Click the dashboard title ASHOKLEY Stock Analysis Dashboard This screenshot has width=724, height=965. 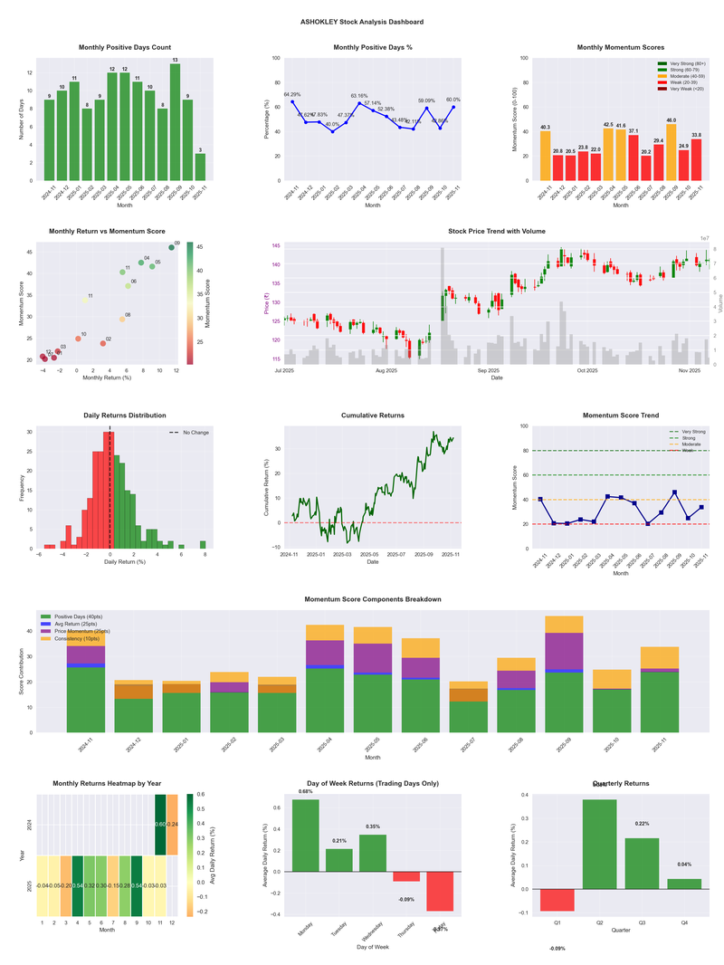[x=362, y=22]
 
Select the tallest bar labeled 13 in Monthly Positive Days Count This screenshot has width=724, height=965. [x=175, y=121]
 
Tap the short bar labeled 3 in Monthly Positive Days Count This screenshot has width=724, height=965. [x=200, y=167]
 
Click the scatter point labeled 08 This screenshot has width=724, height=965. [x=122, y=319]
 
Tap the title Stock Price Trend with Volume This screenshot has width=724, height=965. [x=497, y=232]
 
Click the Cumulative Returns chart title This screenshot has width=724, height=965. [x=373, y=416]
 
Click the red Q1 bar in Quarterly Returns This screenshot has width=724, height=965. [x=557, y=900]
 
